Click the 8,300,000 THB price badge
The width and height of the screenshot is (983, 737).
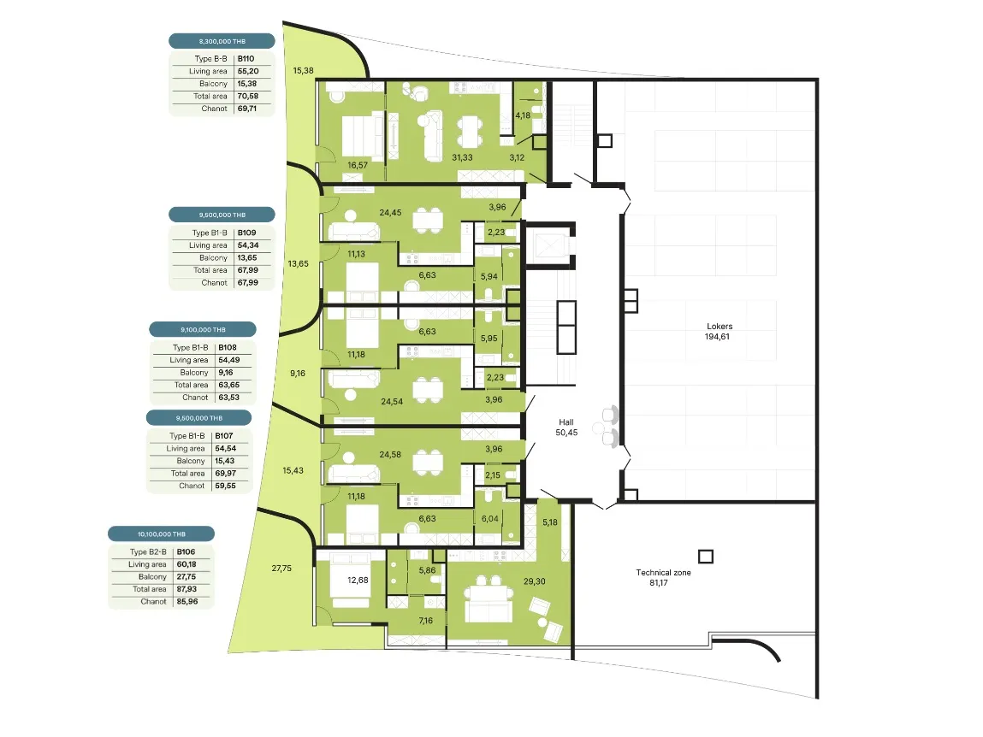pos(222,41)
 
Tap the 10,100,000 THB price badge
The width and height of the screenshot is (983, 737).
pos(161,534)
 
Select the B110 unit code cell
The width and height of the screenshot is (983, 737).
pos(246,59)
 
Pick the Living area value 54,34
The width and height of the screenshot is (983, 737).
pos(248,245)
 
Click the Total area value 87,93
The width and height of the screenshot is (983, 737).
pos(187,589)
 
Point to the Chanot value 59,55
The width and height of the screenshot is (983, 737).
pos(226,486)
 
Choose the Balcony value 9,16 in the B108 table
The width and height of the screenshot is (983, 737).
pos(226,372)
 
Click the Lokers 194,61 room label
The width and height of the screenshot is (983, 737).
pos(719,332)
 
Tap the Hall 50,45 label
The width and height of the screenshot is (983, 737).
pos(566,427)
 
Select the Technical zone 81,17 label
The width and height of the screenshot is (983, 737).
pos(663,577)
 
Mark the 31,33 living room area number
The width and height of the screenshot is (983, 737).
pos(463,158)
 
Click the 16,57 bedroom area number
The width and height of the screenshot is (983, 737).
pos(358,166)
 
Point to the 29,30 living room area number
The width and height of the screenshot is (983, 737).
pos(535,581)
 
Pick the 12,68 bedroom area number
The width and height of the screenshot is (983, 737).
pos(358,581)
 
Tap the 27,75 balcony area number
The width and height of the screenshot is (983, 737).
pos(281,569)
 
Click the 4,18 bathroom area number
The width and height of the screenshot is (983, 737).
pos(523,115)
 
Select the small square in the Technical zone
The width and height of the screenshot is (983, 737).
pos(706,557)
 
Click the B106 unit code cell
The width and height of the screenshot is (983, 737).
pos(186,552)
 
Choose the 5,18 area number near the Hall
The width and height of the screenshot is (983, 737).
pos(550,522)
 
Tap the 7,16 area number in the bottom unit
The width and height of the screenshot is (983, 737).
pos(426,621)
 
